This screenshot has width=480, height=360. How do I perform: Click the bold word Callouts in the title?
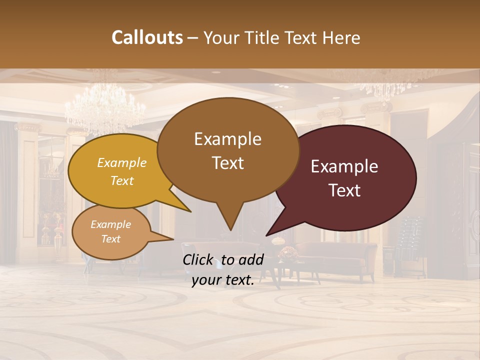(x=147, y=37)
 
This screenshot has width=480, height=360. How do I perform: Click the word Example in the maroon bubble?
(x=344, y=166)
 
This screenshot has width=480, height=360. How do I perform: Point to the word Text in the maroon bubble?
(x=344, y=190)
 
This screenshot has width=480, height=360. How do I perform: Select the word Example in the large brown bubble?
(x=227, y=138)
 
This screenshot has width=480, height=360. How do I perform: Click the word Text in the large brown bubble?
(x=227, y=163)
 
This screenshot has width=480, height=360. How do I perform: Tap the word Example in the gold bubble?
(x=122, y=162)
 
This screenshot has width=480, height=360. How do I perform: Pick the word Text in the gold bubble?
(x=122, y=180)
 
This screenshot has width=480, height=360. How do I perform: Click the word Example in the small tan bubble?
(x=110, y=224)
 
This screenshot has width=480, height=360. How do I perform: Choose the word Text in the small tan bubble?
(x=110, y=239)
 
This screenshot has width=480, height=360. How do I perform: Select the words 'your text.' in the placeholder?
(x=222, y=280)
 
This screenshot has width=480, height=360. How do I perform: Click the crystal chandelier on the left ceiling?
(x=105, y=107)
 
